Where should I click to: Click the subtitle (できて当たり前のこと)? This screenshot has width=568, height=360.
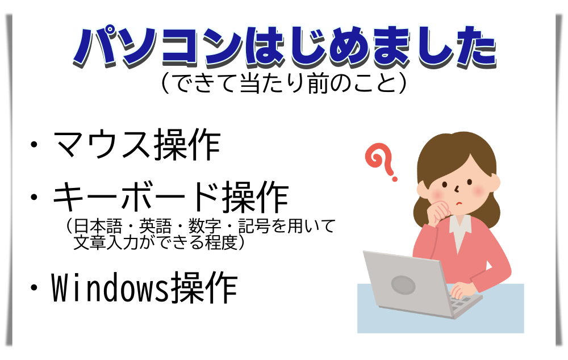(283, 83)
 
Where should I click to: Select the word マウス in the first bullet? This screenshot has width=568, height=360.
(102, 146)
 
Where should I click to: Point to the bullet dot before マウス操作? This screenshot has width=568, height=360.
(35, 147)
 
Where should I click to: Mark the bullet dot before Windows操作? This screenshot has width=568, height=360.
(35, 289)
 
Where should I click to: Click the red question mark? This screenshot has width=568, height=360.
(382, 162)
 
